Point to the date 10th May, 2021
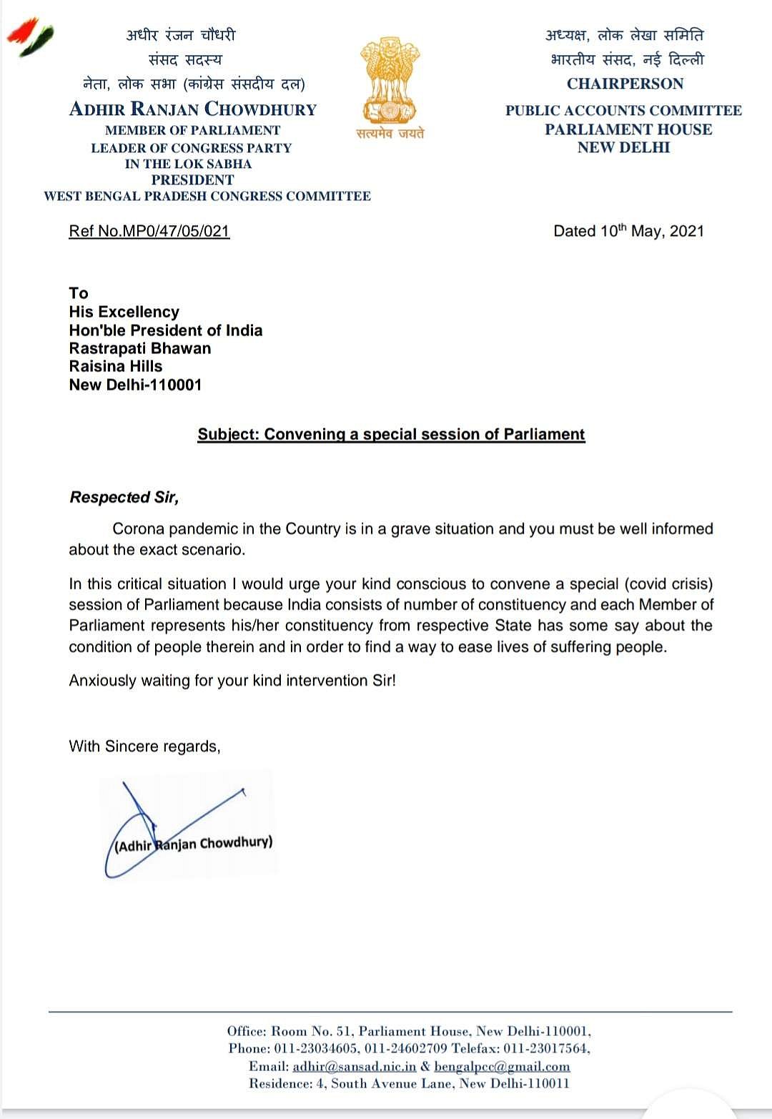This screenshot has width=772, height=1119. pos(628,231)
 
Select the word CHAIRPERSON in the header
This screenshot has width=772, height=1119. pos(625,84)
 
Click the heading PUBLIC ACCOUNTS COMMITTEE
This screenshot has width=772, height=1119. pos(623,110)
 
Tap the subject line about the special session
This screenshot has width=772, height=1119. pos(391,434)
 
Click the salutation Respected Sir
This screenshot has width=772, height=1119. pos(124,497)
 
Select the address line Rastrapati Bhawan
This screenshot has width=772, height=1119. pos(140,348)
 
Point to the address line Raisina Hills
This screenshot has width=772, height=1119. pos(116,366)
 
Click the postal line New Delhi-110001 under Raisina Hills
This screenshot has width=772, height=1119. pos(135,385)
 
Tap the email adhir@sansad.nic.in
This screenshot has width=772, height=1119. pos(355,1067)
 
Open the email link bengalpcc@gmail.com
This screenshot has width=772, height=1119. pos(502,1067)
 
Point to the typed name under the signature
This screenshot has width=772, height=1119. pos(194,844)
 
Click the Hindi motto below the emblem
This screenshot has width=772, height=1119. pos(390,133)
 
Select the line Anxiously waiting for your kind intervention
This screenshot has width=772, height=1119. pos(232,680)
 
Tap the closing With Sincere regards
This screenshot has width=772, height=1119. pos(144,746)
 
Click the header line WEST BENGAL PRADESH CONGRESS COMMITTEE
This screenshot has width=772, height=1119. pos(207,196)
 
